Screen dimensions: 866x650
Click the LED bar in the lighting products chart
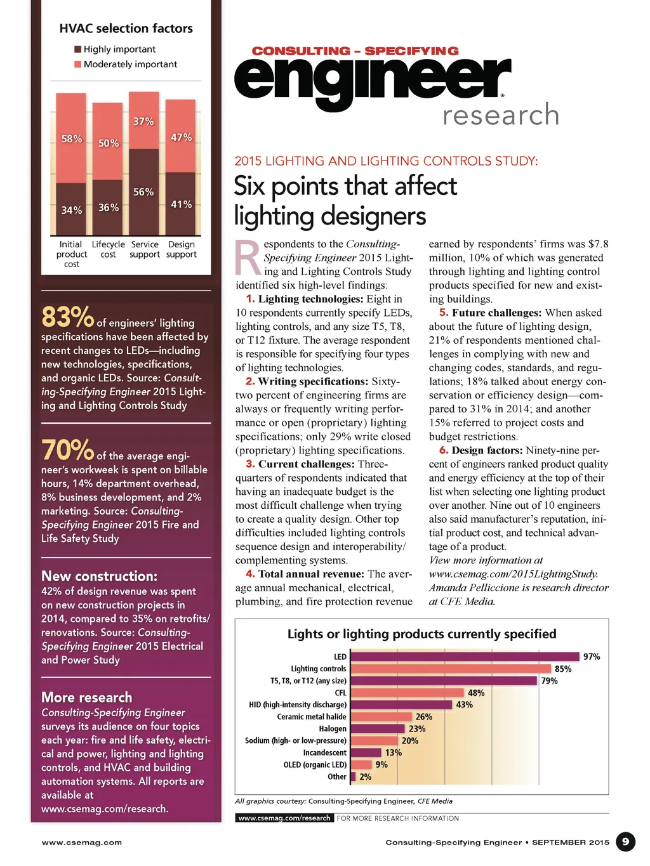click(465, 657)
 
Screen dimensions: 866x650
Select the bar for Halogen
click(377, 729)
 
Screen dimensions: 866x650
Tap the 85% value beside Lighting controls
click(563, 669)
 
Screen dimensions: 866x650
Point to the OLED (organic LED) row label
click(315, 765)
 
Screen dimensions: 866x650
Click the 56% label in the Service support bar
click(143, 192)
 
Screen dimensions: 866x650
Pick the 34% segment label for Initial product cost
click(71, 210)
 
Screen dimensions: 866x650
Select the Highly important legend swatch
click(77, 49)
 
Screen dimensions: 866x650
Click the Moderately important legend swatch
click(77, 65)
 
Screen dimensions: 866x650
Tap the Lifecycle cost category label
click(108, 249)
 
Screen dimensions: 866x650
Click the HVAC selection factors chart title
click(126, 29)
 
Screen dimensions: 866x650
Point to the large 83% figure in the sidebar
click(67, 316)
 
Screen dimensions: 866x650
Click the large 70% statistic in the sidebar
click(67, 450)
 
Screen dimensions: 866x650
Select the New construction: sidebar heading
click(99, 576)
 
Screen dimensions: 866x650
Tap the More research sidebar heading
click(87, 697)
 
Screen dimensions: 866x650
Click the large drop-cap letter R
click(248, 258)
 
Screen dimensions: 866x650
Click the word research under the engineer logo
click(501, 115)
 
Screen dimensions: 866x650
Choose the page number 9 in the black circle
click(625, 842)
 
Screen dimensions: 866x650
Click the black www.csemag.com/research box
click(284, 818)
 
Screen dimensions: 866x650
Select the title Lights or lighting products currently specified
click(421, 634)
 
